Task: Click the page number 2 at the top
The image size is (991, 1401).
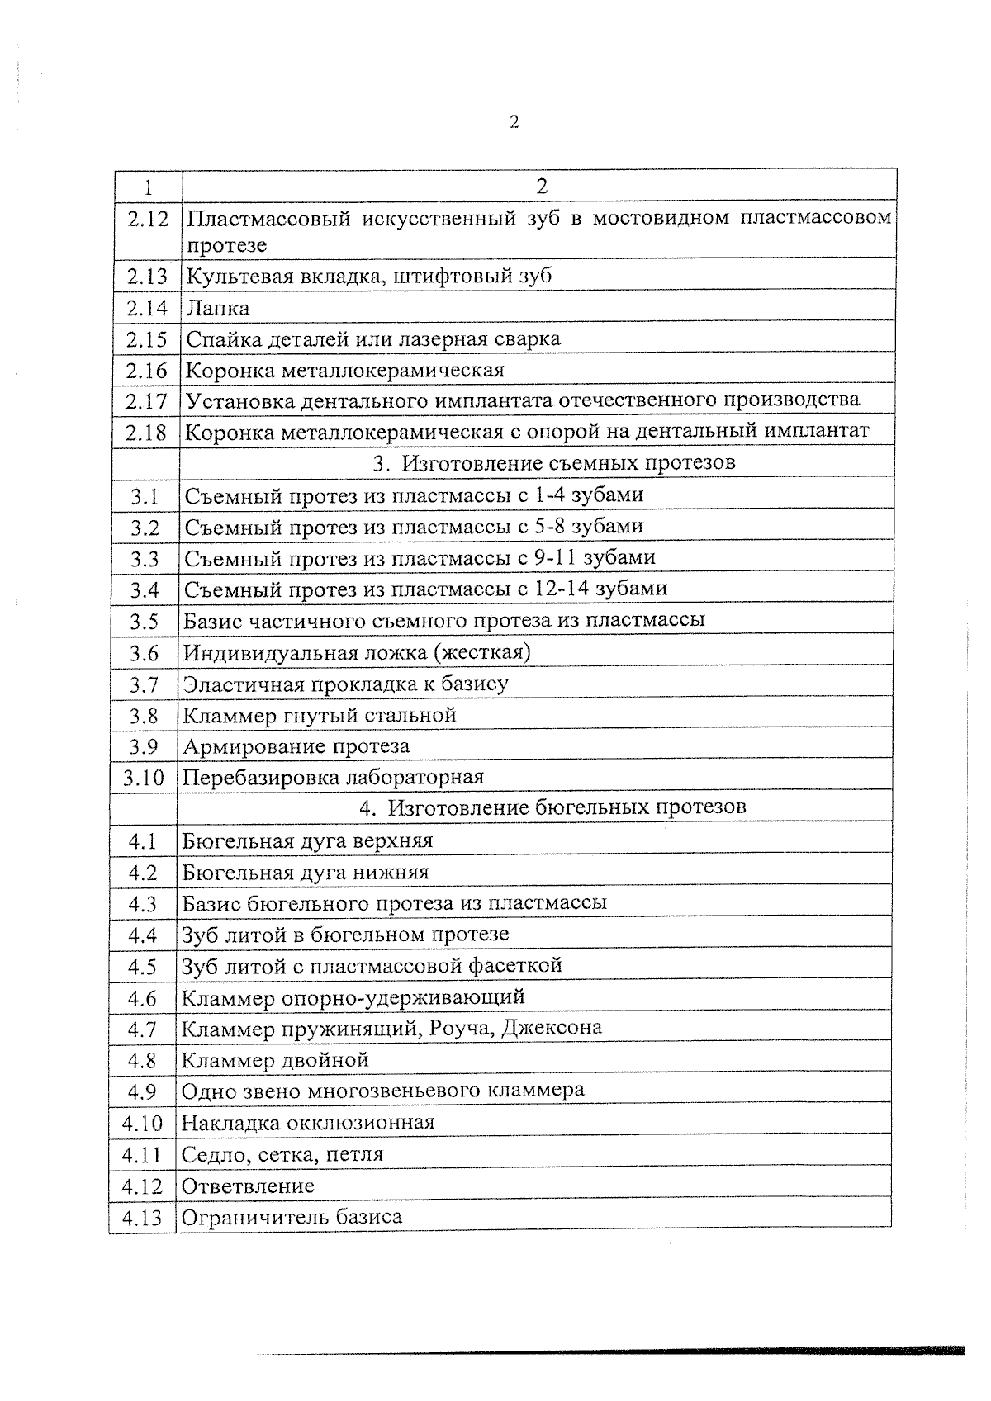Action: (x=514, y=122)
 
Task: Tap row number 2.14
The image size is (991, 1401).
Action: (x=147, y=308)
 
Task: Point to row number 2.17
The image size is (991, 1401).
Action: (x=147, y=401)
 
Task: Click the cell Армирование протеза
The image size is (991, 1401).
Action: (x=296, y=746)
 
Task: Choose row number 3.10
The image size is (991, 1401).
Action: (x=144, y=778)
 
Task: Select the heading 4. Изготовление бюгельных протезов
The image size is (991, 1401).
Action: (x=552, y=807)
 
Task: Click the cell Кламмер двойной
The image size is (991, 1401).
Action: (x=275, y=1059)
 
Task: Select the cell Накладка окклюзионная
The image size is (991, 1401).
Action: (x=308, y=1123)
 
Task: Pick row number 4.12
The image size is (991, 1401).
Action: (x=142, y=1186)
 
